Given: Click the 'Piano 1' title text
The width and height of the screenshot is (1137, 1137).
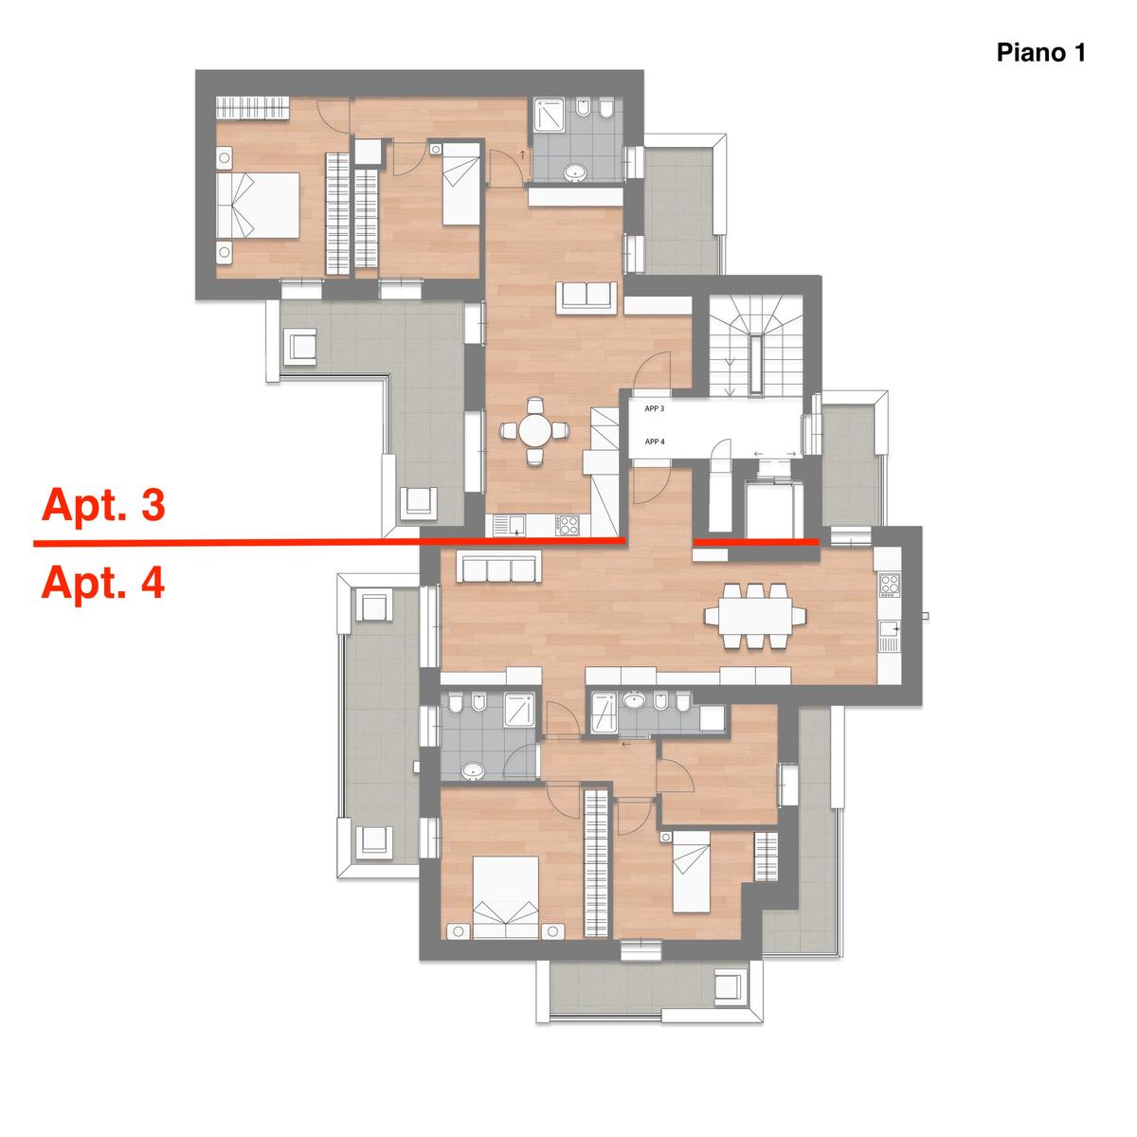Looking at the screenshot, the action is point(1040,52).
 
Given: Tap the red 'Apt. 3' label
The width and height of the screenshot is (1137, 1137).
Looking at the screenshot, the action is point(103,504).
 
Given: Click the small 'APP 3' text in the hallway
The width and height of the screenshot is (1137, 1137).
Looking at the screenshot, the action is point(655,408).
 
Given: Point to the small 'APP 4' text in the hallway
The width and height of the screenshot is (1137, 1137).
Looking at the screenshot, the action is point(655,442).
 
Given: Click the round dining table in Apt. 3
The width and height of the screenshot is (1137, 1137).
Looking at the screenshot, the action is point(535,431).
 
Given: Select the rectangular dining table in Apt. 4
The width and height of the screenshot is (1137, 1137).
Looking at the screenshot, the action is point(754,616).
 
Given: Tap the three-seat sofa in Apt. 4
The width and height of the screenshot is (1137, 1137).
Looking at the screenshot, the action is point(499,568).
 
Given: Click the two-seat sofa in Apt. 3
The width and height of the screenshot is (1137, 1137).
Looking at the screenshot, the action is point(587,297).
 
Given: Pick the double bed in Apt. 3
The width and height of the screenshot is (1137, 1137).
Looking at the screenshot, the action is point(258,206).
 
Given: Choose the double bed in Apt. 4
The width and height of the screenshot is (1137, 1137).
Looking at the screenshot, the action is point(506,897).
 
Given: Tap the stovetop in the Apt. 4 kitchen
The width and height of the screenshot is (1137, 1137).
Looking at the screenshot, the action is point(890,585).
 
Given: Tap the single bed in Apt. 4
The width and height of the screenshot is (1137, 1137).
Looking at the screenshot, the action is point(691,872).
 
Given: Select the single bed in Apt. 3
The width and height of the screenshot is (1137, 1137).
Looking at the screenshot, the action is point(460,183).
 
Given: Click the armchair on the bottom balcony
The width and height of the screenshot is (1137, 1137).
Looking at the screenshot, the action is point(727,1003).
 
